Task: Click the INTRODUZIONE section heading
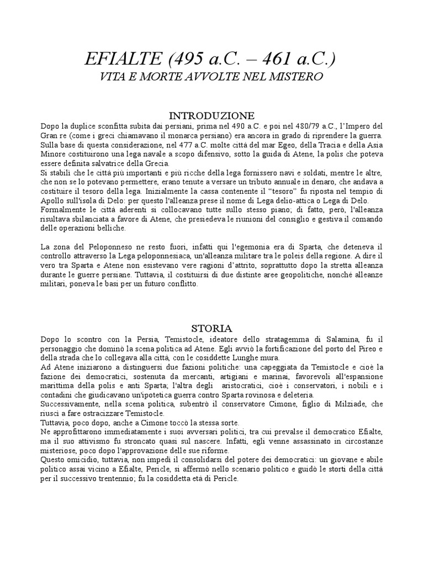pyautogui.click(x=211, y=115)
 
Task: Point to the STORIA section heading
pyautogui.click(x=211, y=328)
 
